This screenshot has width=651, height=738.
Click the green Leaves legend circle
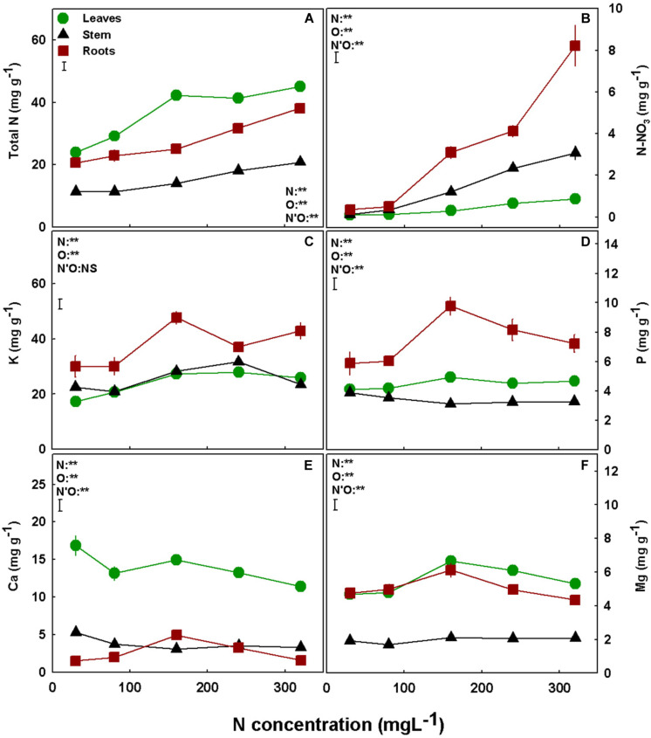click(65, 17)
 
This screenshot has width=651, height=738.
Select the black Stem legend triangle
click(65, 34)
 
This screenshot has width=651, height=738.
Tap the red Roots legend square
click(65, 51)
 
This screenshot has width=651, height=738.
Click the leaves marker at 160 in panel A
click(176, 95)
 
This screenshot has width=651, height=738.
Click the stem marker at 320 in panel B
click(574, 152)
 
